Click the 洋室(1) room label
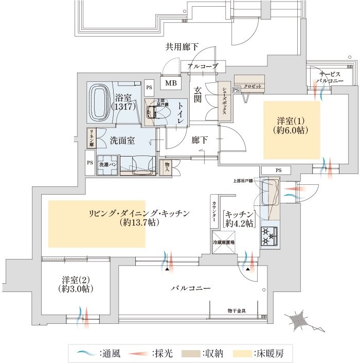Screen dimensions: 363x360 pyautogui.click(x=292, y=126)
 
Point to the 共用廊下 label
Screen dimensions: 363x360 pyautogui.click(x=182, y=47)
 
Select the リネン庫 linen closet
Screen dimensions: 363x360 pyautogui.click(x=90, y=139)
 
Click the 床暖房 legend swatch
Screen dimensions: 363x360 pyautogui.click(x=243, y=354)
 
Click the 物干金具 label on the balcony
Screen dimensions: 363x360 pyautogui.click(x=237, y=310)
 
